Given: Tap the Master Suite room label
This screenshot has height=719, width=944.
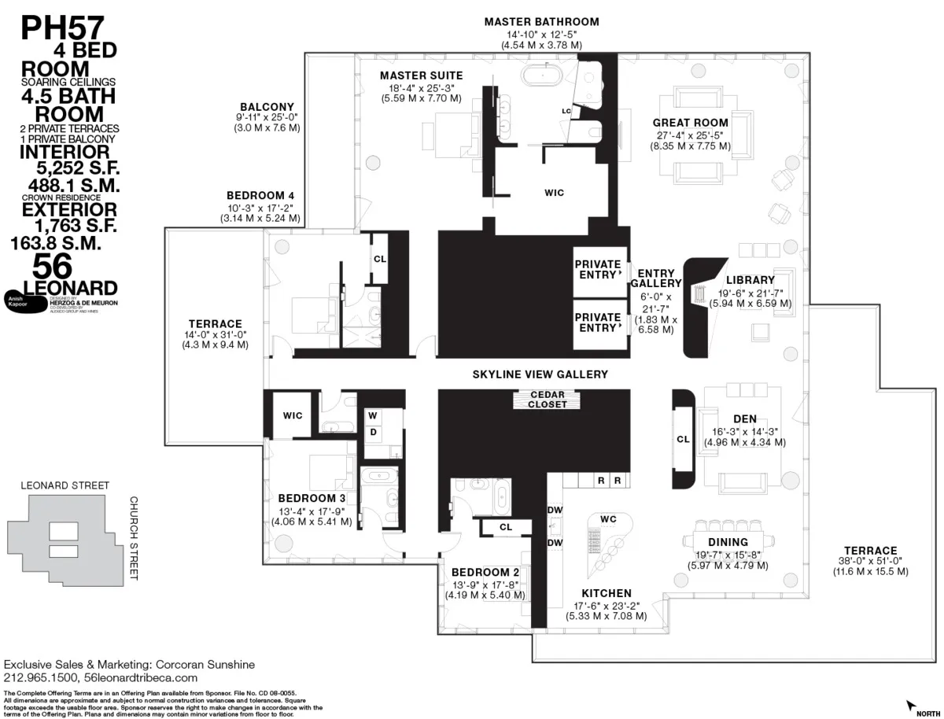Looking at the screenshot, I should point(421,76).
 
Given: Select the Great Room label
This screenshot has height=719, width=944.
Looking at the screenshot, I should point(690,123).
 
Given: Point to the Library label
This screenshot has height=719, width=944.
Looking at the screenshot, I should point(750,280).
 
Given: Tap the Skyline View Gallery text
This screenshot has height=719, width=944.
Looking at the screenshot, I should point(540,374).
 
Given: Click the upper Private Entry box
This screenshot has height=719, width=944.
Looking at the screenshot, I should point(598,269).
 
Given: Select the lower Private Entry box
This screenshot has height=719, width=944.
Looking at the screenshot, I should point(598,323).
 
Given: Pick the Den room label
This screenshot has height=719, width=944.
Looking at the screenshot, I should point(744,418).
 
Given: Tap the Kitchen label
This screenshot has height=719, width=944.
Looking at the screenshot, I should point(606,593).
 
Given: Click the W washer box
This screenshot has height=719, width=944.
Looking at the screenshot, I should point(373,415).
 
